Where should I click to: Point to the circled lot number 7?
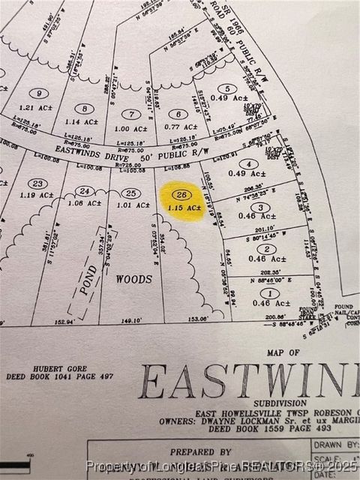pos(132,114)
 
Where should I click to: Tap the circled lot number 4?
pos(244,163)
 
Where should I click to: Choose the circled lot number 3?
pos(259,207)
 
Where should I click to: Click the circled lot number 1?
pos(271,292)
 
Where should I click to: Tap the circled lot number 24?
pos(85,190)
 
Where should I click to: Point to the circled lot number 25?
pos(130,193)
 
